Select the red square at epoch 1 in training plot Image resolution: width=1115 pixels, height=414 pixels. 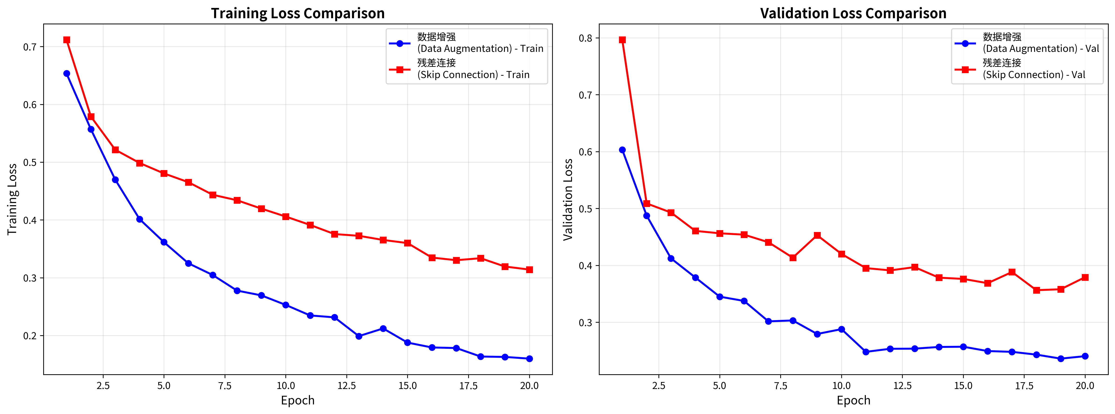pyautogui.click(x=67, y=40)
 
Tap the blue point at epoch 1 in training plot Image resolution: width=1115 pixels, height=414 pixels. pyautogui.click(x=67, y=74)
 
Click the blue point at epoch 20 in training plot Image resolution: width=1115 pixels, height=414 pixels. pyautogui.click(x=529, y=359)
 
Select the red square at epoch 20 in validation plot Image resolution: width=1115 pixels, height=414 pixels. pyautogui.click(x=1085, y=277)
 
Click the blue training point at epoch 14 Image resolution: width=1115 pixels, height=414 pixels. pyautogui.click(x=383, y=329)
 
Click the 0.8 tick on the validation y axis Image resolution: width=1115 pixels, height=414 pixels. pyautogui.click(x=585, y=38)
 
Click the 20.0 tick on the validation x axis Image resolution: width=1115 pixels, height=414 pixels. pyautogui.click(x=1085, y=385)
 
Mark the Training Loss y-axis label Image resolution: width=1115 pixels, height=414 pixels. pyautogui.click(x=12, y=199)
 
